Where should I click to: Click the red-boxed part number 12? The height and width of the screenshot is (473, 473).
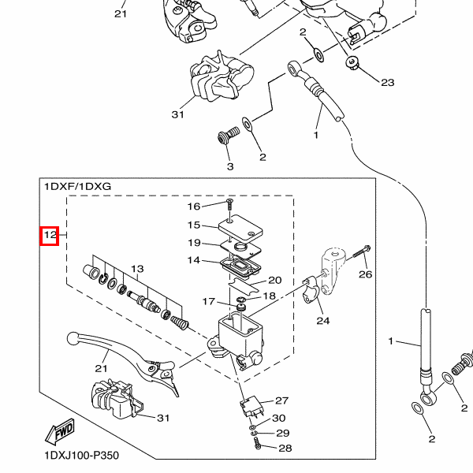(50, 235)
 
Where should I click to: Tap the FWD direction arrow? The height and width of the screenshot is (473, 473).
(60, 431)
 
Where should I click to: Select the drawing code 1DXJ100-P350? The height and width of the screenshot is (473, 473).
(82, 455)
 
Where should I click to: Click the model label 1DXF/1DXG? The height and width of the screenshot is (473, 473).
(78, 186)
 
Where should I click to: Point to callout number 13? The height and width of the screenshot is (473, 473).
(137, 269)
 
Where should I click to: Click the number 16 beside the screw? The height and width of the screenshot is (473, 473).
(194, 207)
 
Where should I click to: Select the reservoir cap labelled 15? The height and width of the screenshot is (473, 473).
(240, 228)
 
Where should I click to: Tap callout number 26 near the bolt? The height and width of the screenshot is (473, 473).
(365, 274)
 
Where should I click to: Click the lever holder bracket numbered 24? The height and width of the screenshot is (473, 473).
(311, 290)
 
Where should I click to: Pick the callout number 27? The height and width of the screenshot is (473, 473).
(281, 400)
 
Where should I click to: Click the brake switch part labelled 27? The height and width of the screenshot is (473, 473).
(249, 408)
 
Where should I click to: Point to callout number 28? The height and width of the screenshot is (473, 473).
(285, 449)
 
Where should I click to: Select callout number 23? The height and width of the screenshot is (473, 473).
(388, 83)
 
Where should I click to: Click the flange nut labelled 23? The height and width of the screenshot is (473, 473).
(352, 62)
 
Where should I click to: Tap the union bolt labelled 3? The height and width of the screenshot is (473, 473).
(229, 136)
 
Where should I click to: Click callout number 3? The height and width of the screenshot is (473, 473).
(230, 166)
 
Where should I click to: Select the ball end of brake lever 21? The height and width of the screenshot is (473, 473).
(73, 338)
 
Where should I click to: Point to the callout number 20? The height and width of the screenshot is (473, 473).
(275, 280)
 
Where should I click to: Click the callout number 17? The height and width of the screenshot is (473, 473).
(208, 301)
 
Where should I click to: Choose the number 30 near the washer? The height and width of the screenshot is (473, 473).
(279, 418)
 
